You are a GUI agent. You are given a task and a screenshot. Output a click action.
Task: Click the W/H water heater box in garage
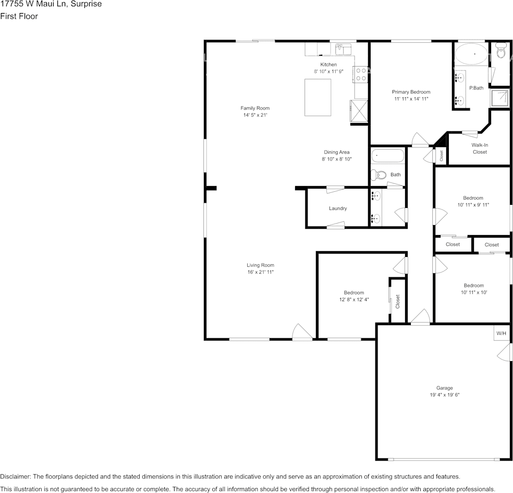[x=501, y=333]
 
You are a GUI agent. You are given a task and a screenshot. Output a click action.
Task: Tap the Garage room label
[x=444, y=388]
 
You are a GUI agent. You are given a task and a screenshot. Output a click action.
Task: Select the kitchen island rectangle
[x=318, y=97]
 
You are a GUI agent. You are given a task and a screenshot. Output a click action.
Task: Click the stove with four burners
[x=360, y=74]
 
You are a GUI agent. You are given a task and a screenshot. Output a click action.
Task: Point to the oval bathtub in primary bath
[x=471, y=54]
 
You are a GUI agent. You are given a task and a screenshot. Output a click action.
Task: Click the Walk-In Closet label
[x=480, y=149]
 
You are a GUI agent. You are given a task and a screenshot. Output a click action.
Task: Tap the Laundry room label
[x=338, y=208]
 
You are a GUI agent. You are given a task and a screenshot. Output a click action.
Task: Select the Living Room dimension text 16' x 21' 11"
[x=261, y=273]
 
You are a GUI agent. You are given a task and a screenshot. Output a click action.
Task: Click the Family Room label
[x=255, y=108]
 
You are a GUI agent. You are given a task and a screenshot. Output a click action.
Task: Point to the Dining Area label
[x=336, y=152]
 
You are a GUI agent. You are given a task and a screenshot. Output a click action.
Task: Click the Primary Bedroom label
[x=411, y=92]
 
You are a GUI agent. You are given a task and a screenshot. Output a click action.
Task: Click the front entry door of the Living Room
[x=302, y=332]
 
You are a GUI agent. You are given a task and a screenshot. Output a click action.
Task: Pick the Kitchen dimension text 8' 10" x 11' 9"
[x=328, y=71]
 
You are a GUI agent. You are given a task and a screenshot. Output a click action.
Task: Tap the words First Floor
[x=19, y=16]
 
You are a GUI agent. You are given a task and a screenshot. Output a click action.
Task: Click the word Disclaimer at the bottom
[x=16, y=476]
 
